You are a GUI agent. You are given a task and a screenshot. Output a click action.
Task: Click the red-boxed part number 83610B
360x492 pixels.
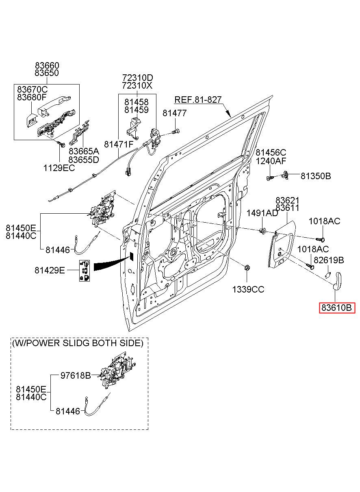coord(337,308)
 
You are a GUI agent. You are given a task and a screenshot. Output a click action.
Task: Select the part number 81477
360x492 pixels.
coord(174,113)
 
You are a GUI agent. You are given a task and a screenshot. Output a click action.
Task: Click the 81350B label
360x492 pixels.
coord(316,176)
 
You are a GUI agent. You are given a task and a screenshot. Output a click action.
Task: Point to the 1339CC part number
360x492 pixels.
coord(248,290)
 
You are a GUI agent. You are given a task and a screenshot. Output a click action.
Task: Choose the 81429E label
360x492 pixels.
coord(50,270)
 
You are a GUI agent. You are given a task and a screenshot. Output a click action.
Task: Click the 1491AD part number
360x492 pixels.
coord(262,213)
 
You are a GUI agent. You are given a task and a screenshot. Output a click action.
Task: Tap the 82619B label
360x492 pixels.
coord(329,260)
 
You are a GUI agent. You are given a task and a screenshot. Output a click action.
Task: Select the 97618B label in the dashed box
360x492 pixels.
coord(76,375)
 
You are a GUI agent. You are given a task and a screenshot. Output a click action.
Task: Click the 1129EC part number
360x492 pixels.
coord(59,168)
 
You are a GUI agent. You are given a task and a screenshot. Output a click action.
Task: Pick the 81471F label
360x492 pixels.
coord(119,144)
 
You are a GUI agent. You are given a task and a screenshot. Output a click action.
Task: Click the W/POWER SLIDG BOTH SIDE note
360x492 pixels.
coord(78,343)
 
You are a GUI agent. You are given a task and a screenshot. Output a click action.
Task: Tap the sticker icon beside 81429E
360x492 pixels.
coord(85,271)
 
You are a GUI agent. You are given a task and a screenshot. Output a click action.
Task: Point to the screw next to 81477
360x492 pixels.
coord(176,132)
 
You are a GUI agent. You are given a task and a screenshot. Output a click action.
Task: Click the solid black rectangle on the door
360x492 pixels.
coord(132,256)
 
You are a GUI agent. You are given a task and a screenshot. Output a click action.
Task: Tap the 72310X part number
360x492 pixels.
coord(137,85)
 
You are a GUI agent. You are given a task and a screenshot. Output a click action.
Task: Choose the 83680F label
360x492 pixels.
coord(32,97)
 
